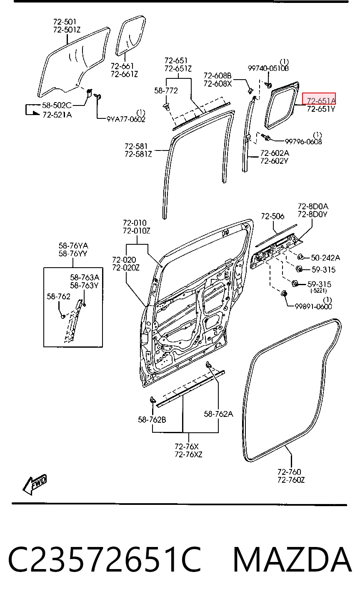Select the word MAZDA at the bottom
pyautogui.click(x=292, y=559)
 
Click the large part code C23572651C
pyautogui.click(x=105, y=559)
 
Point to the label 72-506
pyautogui.click(x=272, y=216)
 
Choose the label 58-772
pyautogui.click(x=166, y=90)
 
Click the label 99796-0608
pyautogui.click(x=303, y=141)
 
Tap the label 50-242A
pyautogui.click(x=325, y=258)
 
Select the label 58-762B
pyautogui.click(x=152, y=419)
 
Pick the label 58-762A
pyautogui.click(x=218, y=414)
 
